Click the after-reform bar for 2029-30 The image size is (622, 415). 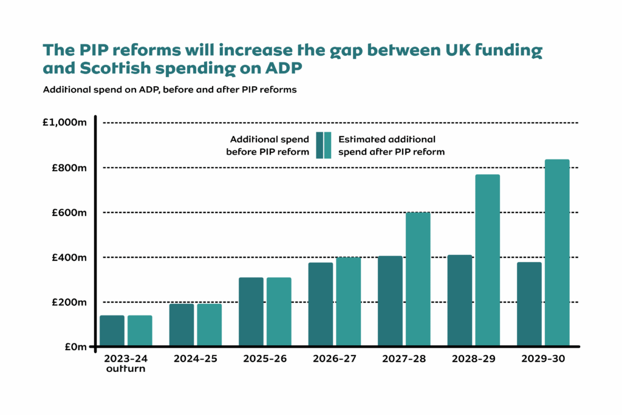pos(557,253)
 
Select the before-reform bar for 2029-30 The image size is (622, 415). pos(529,305)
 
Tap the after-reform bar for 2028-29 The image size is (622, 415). pos(487,261)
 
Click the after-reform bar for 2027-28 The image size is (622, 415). pos(418,280)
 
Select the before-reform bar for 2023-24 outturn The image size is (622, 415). pos(112,331)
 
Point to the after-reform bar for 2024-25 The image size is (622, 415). pos(210,325)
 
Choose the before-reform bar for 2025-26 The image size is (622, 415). pos(251,312)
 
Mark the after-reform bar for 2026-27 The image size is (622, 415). pos(349,302)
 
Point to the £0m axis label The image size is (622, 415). pos(75,347)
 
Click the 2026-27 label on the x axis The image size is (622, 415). pos(335,359)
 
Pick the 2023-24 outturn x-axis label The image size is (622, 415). pos(125,363)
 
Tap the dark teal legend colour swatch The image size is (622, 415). pos(320,146)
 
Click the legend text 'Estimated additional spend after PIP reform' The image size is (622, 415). pos(391,146)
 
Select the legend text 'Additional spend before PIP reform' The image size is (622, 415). pos(267,146)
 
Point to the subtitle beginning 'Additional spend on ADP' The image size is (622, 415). pos(169,90)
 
